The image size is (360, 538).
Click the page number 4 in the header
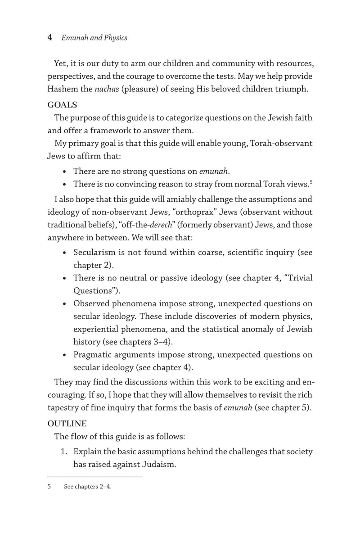[x=50, y=38]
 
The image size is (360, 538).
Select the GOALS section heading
[x=63, y=105]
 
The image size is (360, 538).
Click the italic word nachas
[x=111, y=89]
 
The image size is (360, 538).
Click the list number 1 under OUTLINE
[x=63, y=452]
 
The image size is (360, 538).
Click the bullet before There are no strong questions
[x=66, y=172]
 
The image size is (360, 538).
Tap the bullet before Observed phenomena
[x=66, y=304]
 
